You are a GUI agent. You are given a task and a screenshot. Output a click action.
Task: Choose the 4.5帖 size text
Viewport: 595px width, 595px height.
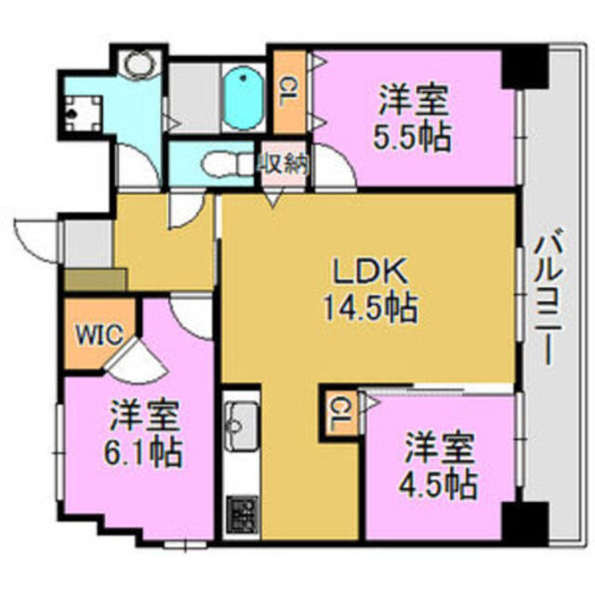point(440,483)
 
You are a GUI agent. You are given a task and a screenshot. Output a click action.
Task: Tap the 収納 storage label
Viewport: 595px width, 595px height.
point(284,165)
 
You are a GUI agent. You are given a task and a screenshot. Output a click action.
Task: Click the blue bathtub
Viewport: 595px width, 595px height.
point(244,99)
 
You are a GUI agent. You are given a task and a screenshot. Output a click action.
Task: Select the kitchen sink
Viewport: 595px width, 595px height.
point(241,423)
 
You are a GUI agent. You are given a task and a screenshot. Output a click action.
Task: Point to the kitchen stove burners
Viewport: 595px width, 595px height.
point(241,512)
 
